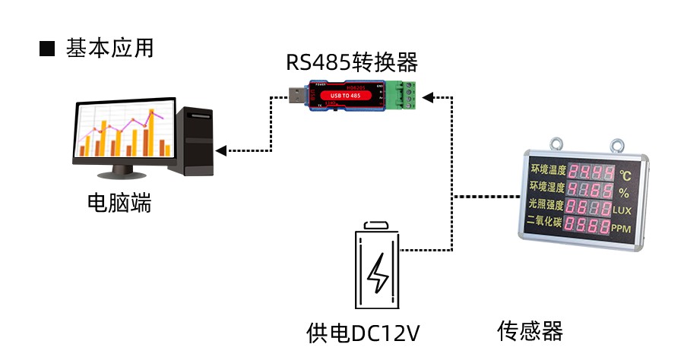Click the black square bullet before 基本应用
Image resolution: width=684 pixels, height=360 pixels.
[x=47, y=49]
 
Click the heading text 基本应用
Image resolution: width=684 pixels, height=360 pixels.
[x=110, y=49]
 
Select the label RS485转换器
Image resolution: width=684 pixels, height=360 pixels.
[x=352, y=62]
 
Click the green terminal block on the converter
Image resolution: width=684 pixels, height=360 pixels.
[x=404, y=96]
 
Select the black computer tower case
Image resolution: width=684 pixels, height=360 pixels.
[x=195, y=141]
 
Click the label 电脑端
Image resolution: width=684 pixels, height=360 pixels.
[x=119, y=203]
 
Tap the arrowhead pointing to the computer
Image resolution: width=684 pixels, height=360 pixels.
[x=221, y=150]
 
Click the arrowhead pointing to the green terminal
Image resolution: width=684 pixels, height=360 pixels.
[x=427, y=96]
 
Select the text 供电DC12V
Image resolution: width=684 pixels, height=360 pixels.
[x=363, y=333]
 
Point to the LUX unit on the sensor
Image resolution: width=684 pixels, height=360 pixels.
[x=622, y=210]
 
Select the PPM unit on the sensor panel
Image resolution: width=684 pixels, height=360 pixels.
[x=622, y=228]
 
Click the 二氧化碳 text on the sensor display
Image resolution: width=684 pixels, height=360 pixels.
[x=544, y=223]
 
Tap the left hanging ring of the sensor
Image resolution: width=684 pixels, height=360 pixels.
[x=557, y=142]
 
